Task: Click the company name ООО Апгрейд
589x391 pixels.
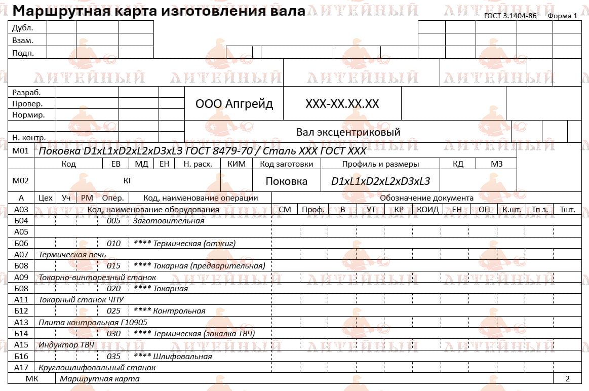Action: pos(234,104)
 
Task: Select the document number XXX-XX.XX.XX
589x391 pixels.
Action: pos(342,104)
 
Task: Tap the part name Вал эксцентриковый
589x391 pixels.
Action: pos(348,132)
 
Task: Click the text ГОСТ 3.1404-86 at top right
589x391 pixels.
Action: pos(510,16)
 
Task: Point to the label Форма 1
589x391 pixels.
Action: pos(563,16)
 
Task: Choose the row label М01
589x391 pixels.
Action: pos(21,151)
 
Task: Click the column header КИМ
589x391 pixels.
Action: pos(237,164)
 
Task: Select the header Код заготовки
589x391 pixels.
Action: pos(286,164)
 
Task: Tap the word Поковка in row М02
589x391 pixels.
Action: pos(286,181)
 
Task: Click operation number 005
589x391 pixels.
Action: pos(113,221)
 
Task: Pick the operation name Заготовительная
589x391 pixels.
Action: pos(168,221)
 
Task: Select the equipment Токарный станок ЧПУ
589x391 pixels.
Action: pos(81,299)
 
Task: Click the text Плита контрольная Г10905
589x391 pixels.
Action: pos(93,322)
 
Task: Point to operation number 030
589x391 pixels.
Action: pos(113,333)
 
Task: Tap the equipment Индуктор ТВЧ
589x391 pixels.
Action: pos(66,344)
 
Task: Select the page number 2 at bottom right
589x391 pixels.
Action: pos(567,378)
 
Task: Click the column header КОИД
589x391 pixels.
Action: pos(428,209)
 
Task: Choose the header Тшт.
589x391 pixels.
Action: pos(567,209)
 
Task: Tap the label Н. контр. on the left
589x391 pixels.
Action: pos(29,137)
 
